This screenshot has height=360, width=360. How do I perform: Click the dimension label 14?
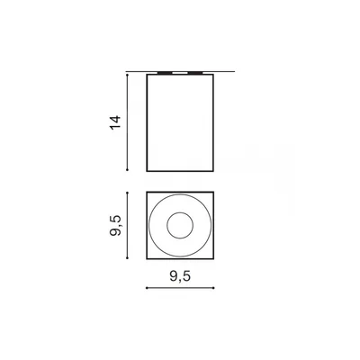[115, 122]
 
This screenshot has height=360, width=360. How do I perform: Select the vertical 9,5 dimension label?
[115, 226]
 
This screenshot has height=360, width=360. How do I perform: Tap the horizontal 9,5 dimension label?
[180, 276]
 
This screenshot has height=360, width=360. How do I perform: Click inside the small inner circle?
[180, 226]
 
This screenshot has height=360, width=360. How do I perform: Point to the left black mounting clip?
[165, 73]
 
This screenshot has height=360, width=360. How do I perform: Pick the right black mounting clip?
[195, 73]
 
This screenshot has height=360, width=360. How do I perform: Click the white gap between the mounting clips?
[180, 73]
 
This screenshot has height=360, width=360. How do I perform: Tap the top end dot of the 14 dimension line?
[128, 75]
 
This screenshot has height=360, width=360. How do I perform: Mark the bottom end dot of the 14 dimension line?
[128, 170]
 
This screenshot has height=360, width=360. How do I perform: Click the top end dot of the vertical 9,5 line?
[128, 193]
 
